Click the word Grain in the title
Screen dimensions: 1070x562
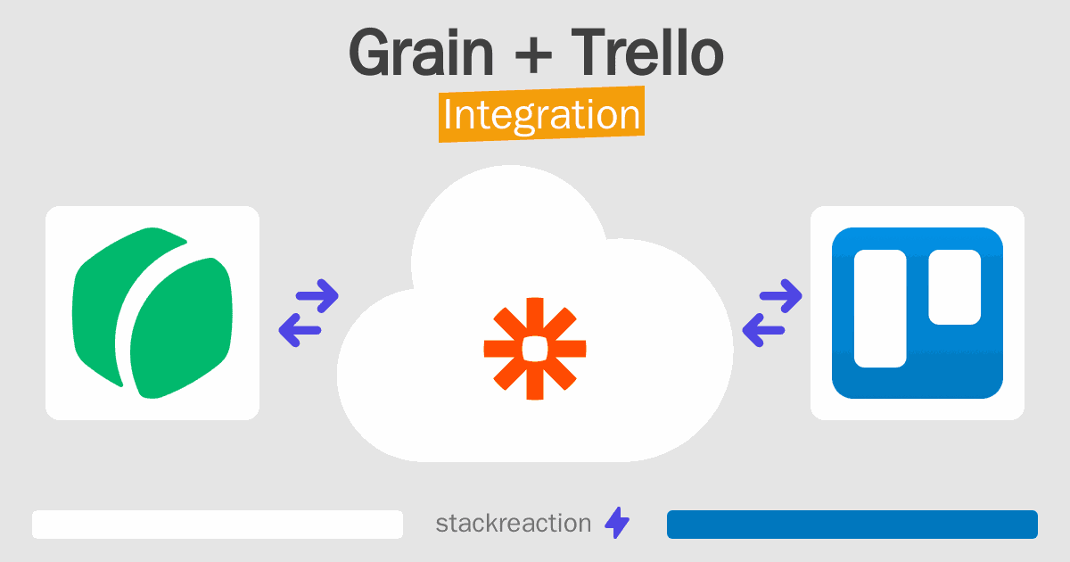coord(421,52)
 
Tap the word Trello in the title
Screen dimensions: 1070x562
coord(647,52)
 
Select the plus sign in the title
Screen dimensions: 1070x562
coord(533,55)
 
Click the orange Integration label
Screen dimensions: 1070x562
coord(542,114)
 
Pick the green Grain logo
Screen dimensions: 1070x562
coord(152,313)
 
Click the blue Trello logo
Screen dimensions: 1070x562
coord(918,313)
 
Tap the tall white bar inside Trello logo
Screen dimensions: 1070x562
coord(880,309)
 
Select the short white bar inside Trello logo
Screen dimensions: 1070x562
coord(954,286)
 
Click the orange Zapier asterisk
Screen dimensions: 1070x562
coord(535,349)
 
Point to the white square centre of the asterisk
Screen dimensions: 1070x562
coord(535,349)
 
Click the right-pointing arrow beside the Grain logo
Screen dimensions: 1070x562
coord(317,296)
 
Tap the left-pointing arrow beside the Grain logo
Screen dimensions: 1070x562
coord(300,330)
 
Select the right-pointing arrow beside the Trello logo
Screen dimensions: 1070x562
coord(780,296)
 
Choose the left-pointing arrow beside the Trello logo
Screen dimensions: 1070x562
coord(763,330)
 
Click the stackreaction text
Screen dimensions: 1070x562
coord(514,524)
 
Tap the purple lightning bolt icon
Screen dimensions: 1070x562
coord(617,523)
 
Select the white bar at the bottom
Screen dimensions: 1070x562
coord(218,525)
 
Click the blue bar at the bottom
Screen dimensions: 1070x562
coord(852,525)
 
